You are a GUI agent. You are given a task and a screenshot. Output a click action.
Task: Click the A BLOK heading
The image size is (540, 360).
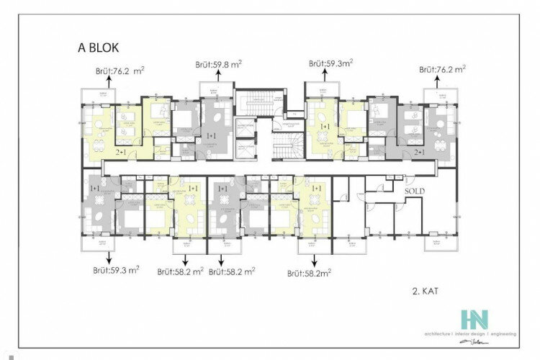click(x=103, y=50)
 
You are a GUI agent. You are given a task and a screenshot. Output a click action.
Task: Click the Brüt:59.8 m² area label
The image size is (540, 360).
click(x=218, y=64)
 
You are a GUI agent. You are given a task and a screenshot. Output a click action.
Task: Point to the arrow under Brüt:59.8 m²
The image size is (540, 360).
click(x=218, y=77)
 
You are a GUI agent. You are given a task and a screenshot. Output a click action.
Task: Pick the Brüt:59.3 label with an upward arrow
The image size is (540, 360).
click(x=331, y=64)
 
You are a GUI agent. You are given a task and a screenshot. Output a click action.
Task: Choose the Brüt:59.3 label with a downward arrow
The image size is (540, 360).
click(x=115, y=271)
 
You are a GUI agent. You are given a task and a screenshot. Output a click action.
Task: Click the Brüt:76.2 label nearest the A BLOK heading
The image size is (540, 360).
click(x=120, y=71)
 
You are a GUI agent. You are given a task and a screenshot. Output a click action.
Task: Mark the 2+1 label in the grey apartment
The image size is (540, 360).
click(x=419, y=153)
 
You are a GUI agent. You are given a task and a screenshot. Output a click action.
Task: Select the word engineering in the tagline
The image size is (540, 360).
click(x=503, y=334)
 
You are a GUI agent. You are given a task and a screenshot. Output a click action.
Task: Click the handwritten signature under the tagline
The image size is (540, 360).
click(x=489, y=343)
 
